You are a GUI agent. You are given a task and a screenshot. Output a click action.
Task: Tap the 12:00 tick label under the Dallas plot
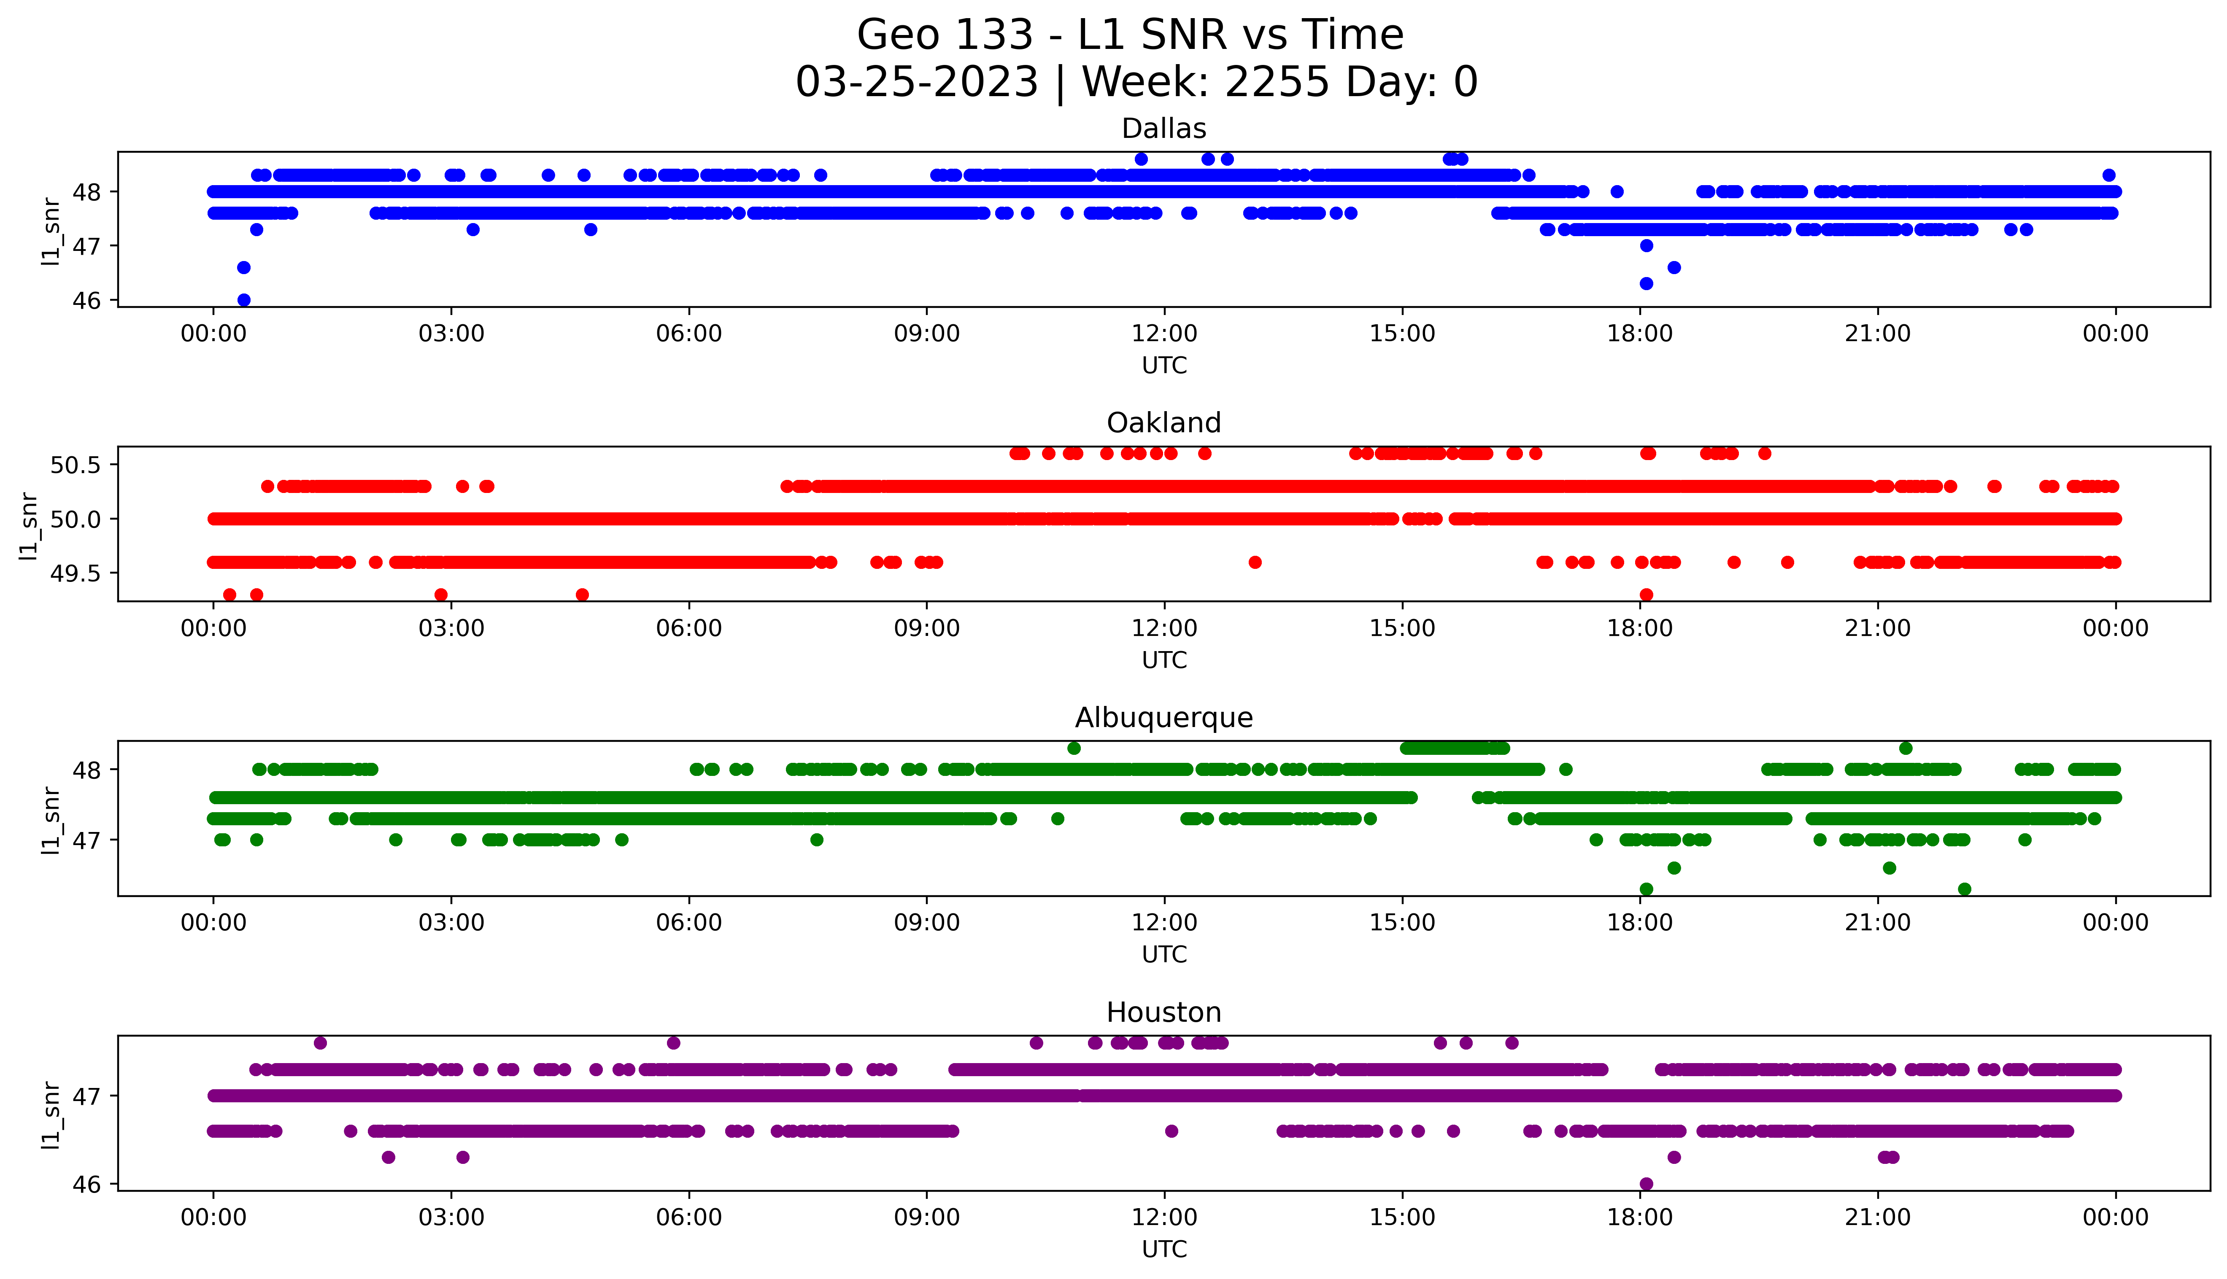coord(1164,334)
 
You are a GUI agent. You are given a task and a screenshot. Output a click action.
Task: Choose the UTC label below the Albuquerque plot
coord(1164,954)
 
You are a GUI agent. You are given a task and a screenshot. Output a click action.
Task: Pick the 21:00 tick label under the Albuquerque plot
coord(1877,922)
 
